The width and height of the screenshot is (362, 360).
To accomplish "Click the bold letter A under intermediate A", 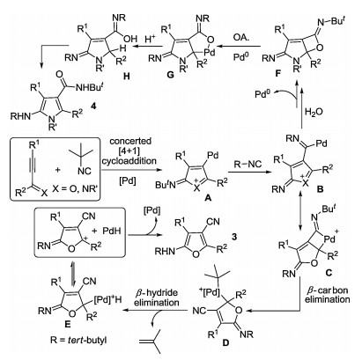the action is [208, 199].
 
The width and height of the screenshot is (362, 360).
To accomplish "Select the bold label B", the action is [320, 189].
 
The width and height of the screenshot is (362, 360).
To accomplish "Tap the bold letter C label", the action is [329, 273].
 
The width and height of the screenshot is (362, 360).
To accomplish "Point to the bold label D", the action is [225, 342].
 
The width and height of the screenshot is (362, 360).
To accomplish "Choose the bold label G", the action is [170, 75].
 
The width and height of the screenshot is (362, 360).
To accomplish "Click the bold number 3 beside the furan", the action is [234, 237].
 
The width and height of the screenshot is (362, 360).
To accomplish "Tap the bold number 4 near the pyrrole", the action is [93, 107].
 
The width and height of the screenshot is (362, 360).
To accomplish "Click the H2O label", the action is [314, 112].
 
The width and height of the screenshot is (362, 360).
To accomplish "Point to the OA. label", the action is [241, 38].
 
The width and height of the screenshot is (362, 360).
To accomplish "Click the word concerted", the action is [130, 141].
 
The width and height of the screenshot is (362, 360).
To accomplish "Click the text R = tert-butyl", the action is [78, 341].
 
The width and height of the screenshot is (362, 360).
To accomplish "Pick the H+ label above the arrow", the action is [150, 39].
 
